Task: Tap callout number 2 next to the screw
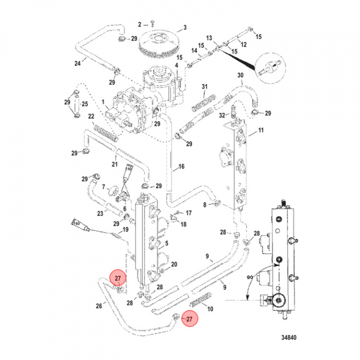(x=140, y=24)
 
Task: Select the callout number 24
(x=77, y=63)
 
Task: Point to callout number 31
(x=204, y=87)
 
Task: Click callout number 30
(x=240, y=75)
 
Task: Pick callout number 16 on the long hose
(x=181, y=167)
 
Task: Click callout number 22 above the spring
(x=91, y=116)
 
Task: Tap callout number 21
(x=114, y=164)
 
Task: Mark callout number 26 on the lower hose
(x=99, y=306)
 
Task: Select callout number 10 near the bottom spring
(x=210, y=309)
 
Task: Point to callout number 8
(x=204, y=205)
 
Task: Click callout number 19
(x=125, y=229)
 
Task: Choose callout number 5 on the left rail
(x=166, y=243)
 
